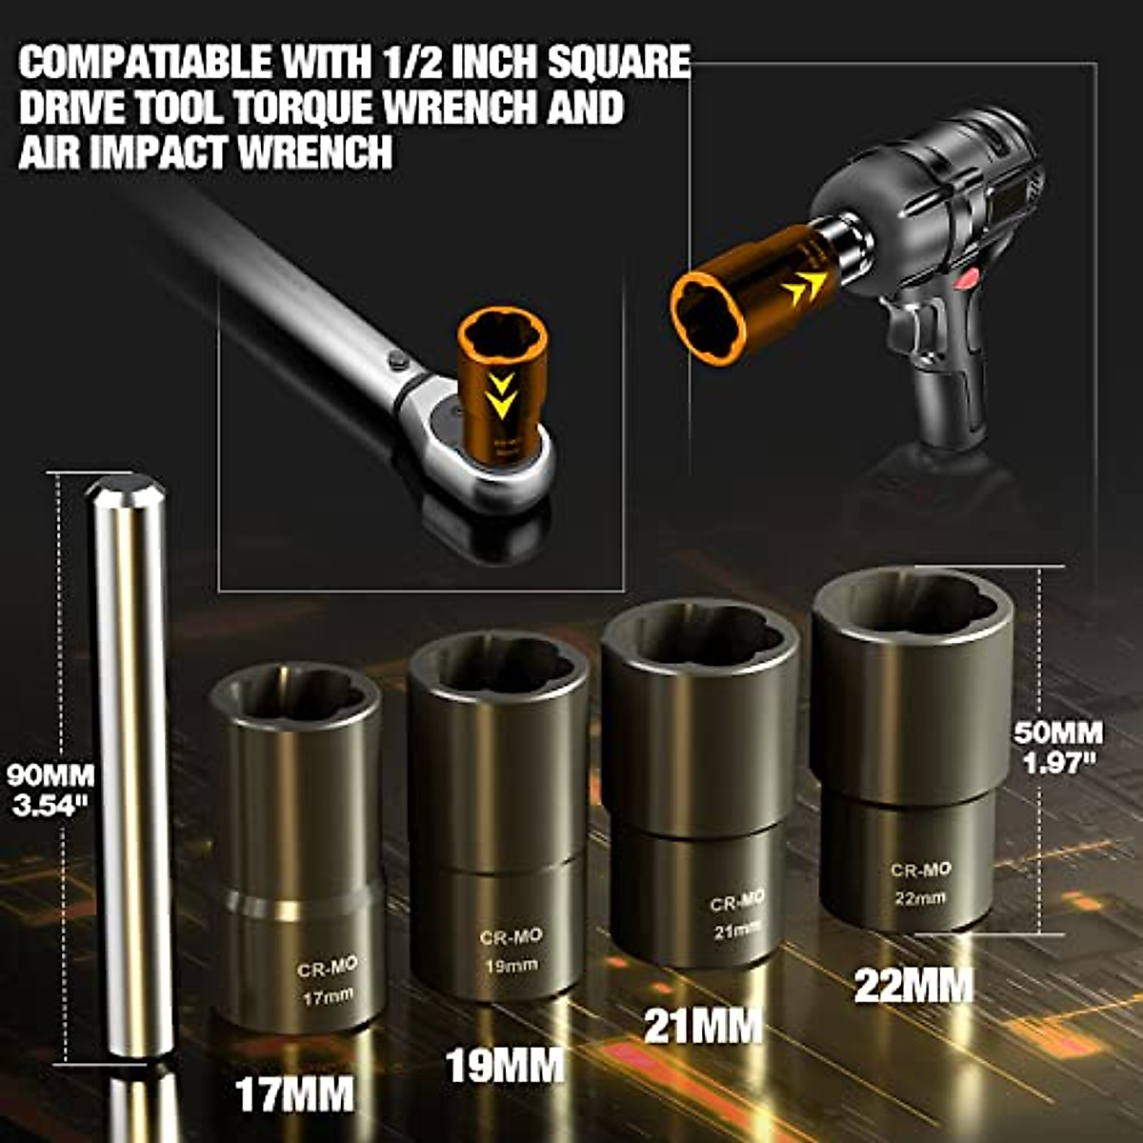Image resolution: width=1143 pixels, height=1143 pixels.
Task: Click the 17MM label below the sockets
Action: (x=294, y=1093)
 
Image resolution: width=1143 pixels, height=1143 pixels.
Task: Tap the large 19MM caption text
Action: (x=506, y=1064)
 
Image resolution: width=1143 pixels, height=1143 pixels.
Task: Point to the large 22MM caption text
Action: (x=912, y=985)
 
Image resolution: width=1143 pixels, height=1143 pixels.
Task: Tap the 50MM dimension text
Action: (x=1057, y=733)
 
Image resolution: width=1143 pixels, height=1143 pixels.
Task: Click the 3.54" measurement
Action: (x=47, y=804)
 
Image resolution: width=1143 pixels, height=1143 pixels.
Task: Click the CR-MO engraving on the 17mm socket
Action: (x=327, y=968)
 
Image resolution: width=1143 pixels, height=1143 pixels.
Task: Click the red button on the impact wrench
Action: (x=969, y=278)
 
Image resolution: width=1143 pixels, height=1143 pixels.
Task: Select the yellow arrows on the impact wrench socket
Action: (x=805, y=287)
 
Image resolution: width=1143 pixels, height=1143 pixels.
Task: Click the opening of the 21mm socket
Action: (x=700, y=634)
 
